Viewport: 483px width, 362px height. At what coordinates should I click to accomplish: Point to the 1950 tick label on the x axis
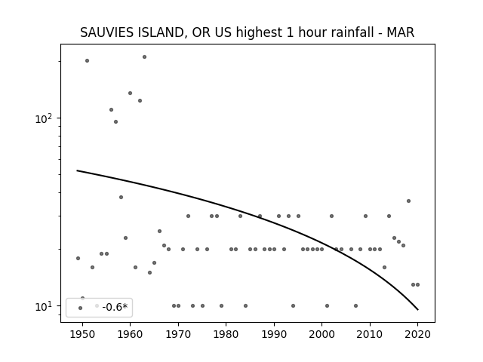pos(82,334)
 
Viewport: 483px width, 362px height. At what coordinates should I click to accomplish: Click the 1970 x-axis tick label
pos(178,334)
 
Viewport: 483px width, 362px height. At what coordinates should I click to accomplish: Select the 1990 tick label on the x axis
pos(274,334)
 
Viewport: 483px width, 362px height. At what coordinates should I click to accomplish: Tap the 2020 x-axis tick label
pos(417,334)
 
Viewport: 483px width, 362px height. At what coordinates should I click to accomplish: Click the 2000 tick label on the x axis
pos(322,334)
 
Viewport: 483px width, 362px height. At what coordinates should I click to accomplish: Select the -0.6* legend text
pos(115,307)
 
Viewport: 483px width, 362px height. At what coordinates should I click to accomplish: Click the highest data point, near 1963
pos(144,57)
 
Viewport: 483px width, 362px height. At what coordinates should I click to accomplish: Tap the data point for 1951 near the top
pos(88,60)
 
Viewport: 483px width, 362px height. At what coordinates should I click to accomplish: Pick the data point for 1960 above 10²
pos(130,93)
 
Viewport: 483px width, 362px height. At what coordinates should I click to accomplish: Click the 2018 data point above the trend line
pos(408,201)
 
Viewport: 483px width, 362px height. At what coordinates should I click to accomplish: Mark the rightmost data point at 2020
pos(417,285)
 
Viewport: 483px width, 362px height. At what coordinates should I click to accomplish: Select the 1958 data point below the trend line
pos(121,197)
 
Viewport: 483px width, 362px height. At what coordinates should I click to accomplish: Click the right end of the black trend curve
pos(417,310)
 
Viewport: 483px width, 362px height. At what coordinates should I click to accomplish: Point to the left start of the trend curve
pos(77,170)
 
